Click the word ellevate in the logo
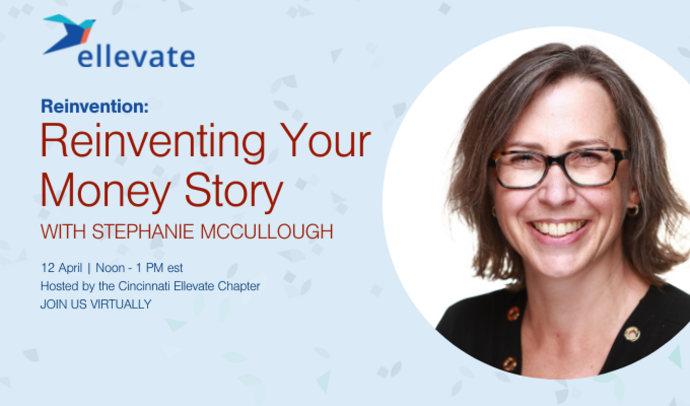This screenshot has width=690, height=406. click(x=136, y=58)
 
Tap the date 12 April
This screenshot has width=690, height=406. click(x=61, y=268)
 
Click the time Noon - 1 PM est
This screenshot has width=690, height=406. click(x=139, y=268)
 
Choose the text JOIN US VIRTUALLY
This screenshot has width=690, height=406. click(x=95, y=304)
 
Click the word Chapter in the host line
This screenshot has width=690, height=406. click(x=241, y=287)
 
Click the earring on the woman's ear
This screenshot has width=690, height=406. click(x=633, y=210)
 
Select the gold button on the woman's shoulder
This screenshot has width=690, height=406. click(x=632, y=334)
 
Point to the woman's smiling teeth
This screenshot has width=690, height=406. click(x=558, y=228)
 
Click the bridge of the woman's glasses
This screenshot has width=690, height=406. click(x=556, y=161)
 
